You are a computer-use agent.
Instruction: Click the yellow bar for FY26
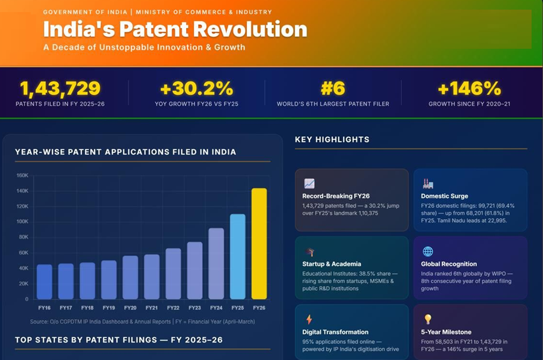tap(259, 244)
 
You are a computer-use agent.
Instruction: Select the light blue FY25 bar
tap(238, 256)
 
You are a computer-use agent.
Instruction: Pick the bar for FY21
tap(152, 277)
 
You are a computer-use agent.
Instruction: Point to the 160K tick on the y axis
tap(22, 176)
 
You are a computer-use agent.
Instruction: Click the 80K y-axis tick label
tap(22, 237)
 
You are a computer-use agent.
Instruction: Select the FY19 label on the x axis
tap(108, 308)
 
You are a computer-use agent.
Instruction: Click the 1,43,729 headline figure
tap(60, 88)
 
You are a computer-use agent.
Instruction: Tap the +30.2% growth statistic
tap(196, 88)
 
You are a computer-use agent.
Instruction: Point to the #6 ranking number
tap(333, 88)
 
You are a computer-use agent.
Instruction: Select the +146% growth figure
tap(469, 88)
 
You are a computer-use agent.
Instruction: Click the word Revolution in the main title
tap(247, 29)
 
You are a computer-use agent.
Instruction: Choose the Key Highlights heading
tap(332, 140)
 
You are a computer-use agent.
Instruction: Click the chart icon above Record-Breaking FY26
tap(309, 184)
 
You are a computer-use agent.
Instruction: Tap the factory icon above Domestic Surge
tap(428, 184)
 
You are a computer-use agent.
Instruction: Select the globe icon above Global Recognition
tap(428, 252)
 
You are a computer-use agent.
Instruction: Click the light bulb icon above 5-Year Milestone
tap(428, 320)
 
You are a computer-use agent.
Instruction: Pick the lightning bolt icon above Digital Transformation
tap(309, 320)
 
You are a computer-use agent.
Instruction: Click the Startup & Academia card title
tap(332, 264)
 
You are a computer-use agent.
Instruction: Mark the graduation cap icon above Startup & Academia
tap(309, 252)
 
